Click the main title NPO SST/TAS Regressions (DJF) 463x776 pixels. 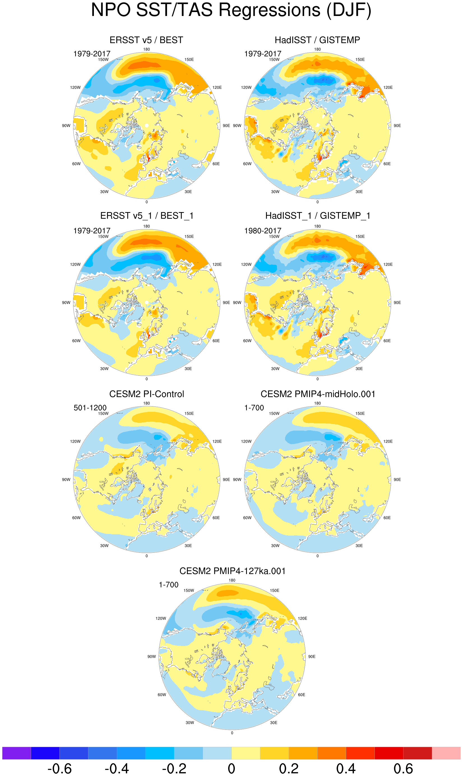[x=231, y=10]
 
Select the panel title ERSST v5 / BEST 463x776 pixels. [x=146, y=40]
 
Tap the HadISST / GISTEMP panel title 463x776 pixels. [x=317, y=40]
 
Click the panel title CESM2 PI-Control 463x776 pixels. [x=146, y=394]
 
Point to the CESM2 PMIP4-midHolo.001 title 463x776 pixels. [x=318, y=394]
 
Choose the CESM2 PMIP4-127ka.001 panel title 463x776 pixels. [x=232, y=571]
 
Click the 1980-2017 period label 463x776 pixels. [x=263, y=231]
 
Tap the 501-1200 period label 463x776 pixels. [x=90, y=408]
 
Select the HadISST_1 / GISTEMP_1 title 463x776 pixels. [x=318, y=216]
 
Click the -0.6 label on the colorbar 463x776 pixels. [x=59, y=769]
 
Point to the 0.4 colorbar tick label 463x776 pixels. [x=346, y=769]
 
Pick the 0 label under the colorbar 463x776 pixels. [x=231, y=769]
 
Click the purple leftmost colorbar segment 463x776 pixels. [x=17, y=753]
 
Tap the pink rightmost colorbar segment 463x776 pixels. [x=446, y=753]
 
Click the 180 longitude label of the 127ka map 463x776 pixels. [x=232, y=580]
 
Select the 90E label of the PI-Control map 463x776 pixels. [x=226, y=480]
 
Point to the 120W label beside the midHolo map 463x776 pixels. [x=246, y=442]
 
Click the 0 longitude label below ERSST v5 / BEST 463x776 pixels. [x=147, y=202]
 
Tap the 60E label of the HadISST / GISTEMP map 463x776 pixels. [x=387, y=164]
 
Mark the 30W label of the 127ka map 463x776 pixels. [x=190, y=723]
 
